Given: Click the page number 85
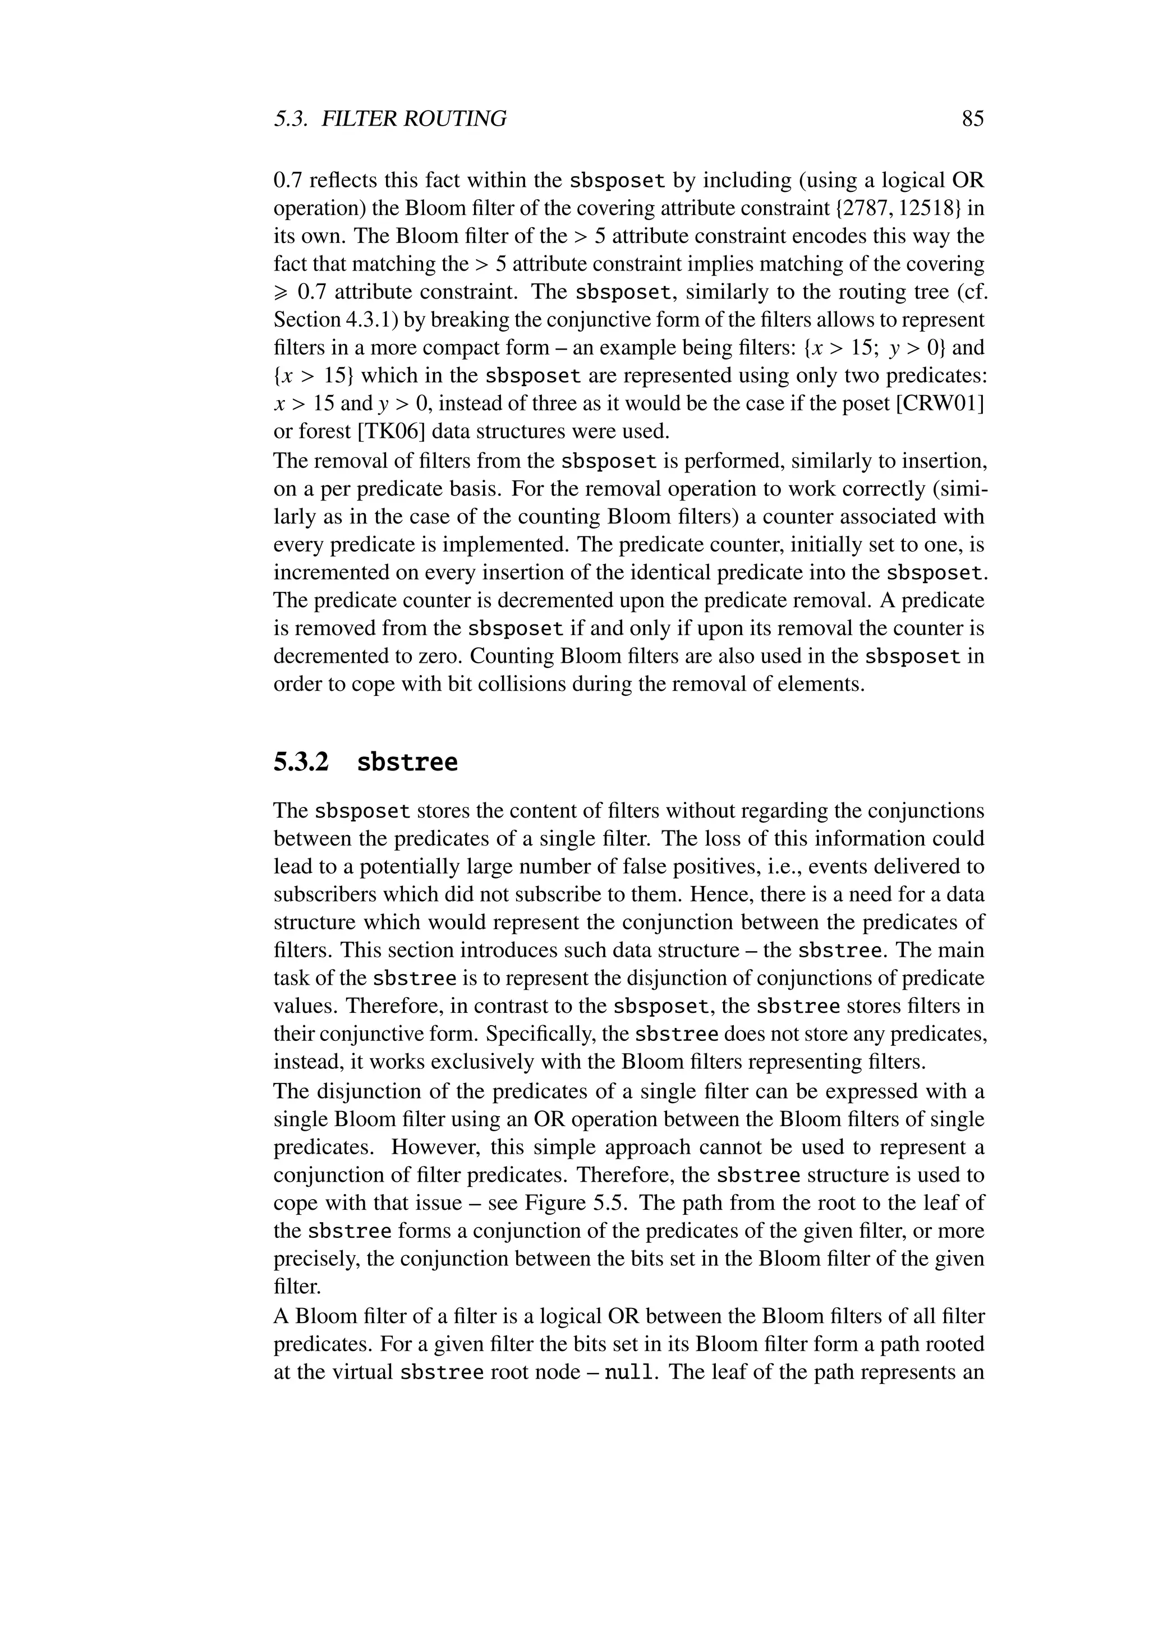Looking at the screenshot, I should coord(973,118).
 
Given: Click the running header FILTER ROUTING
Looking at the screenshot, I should coord(414,118).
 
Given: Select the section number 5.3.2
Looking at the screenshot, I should coord(301,762).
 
